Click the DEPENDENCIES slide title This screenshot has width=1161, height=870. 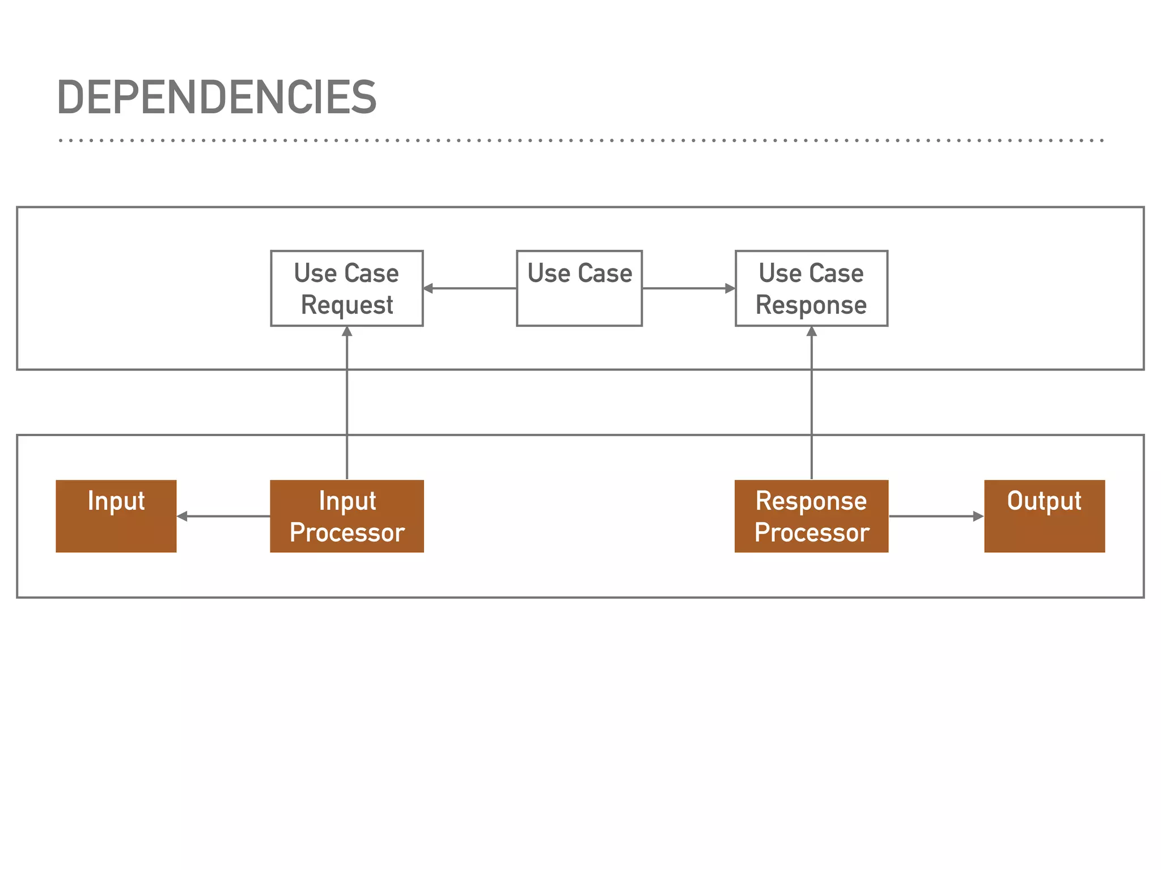217,97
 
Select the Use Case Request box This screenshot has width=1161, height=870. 346,288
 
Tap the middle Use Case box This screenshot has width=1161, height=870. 579,288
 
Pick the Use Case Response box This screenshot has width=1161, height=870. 811,288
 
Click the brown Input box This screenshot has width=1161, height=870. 116,516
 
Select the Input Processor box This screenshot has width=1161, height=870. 346,516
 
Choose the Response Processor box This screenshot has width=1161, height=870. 811,516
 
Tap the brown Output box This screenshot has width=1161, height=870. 1044,516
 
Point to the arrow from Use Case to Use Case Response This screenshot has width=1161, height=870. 688,288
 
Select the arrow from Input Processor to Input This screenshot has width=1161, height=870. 224,516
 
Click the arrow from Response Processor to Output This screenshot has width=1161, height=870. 935,516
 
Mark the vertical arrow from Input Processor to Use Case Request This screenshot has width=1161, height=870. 347,402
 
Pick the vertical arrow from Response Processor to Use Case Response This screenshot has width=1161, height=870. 811,402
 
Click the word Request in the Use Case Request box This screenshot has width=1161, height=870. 346,305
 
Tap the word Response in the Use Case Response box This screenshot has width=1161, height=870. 811,305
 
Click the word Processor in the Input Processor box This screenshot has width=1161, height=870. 346,533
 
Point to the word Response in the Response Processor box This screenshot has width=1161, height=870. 811,501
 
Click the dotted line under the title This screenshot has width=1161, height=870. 580,140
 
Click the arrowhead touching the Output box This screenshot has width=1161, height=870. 978,516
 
